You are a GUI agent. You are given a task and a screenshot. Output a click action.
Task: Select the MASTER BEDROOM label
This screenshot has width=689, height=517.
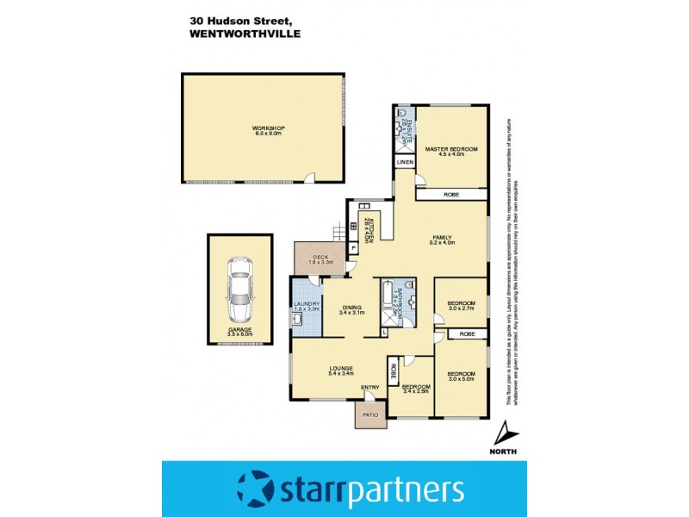(451, 149)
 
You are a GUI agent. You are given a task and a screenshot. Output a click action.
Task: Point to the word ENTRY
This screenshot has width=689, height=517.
(370, 386)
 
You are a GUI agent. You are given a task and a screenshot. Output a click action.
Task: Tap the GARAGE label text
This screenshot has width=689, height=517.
(239, 329)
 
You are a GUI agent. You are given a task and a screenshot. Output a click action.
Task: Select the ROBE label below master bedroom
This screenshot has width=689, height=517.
(451, 195)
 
